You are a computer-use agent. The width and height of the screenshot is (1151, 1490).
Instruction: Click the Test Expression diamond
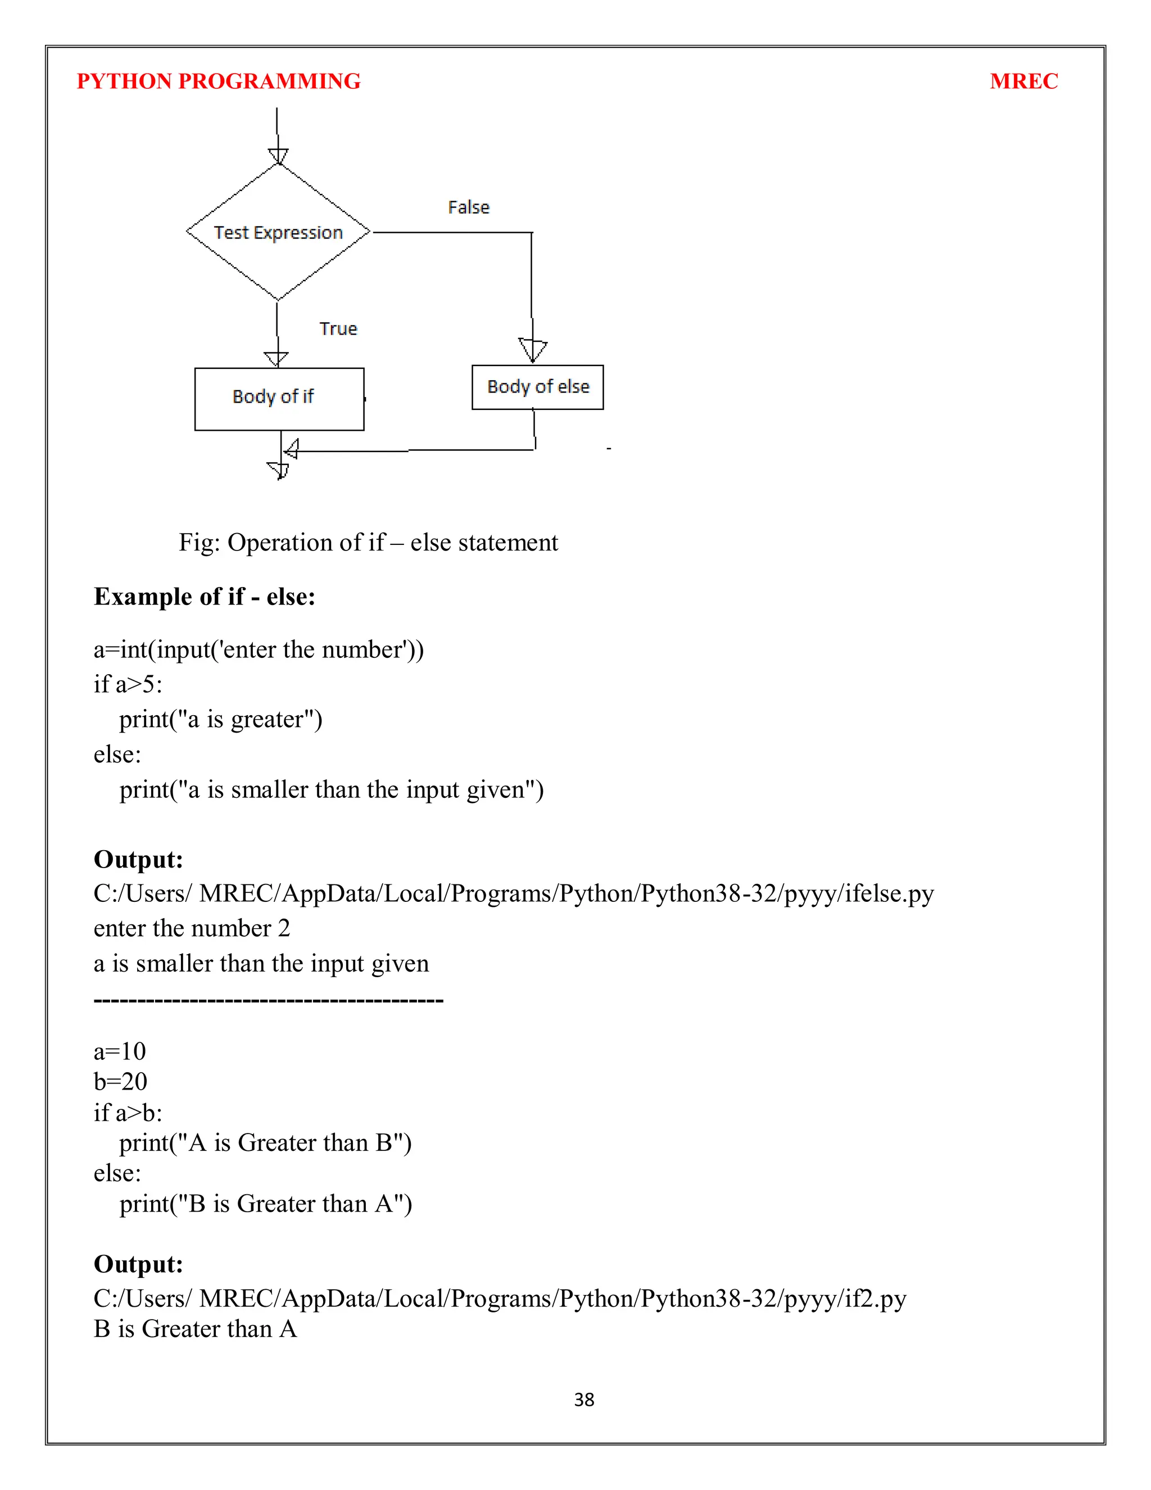click(278, 232)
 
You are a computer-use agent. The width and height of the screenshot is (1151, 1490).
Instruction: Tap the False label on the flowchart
click(469, 207)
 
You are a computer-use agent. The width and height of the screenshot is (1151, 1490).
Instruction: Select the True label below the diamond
click(338, 329)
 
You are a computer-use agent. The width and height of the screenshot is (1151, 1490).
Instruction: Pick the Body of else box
click(537, 387)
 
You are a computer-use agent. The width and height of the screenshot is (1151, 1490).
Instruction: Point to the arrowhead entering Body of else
click(533, 350)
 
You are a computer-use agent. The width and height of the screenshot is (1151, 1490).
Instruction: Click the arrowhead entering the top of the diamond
click(278, 156)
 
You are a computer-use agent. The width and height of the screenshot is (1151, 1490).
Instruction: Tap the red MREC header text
click(1023, 81)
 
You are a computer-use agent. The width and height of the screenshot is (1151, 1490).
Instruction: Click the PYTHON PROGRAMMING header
click(218, 81)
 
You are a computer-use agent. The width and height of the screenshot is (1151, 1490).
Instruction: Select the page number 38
click(584, 1400)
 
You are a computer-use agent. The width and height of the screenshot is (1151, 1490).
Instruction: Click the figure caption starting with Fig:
click(368, 543)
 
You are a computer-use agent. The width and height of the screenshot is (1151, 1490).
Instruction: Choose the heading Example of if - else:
click(205, 596)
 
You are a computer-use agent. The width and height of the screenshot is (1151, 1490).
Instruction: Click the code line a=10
click(120, 1051)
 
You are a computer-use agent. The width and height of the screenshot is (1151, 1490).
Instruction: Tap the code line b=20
click(121, 1081)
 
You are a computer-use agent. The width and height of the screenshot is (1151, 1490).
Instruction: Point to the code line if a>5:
click(128, 684)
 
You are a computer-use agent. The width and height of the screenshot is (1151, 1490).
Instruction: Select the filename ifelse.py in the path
click(889, 893)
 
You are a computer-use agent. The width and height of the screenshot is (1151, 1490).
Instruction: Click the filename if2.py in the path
click(875, 1298)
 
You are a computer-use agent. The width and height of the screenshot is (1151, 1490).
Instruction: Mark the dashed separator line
click(268, 1001)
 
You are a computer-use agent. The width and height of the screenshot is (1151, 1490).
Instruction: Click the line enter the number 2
click(192, 928)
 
